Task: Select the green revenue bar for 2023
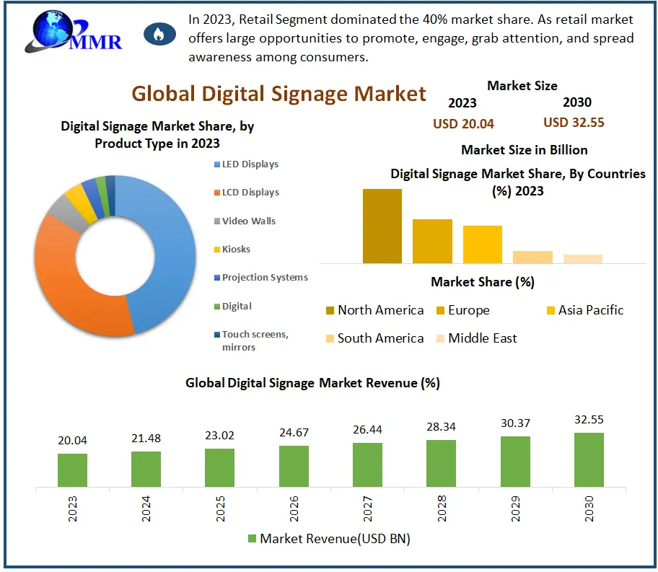click(x=72, y=470)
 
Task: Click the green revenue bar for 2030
click(x=589, y=459)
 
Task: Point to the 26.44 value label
click(x=367, y=430)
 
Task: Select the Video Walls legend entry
click(x=248, y=221)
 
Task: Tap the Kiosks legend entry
click(x=236, y=249)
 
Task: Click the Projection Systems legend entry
click(x=264, y=277)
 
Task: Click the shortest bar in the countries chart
click(x=583, y=259)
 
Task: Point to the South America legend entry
click(x=380, y=338)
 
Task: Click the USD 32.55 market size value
click(x=574, y=123)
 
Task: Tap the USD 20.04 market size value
click(x=463, y=123)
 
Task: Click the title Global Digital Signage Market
click(x=278, y=94)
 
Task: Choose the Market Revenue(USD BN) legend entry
click(x=328, y=538)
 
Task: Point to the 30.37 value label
click(x=515, y=423)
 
